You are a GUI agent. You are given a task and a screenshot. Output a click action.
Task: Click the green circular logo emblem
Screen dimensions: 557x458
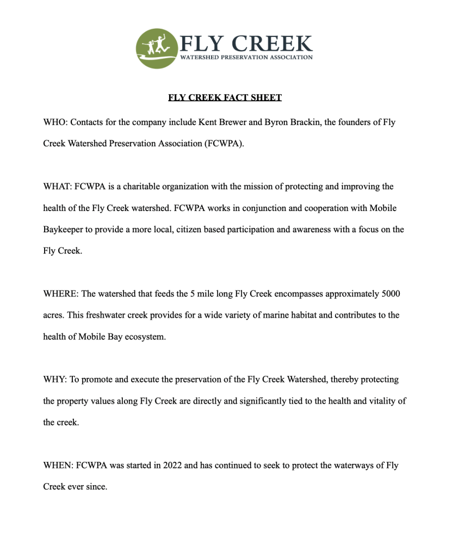156,48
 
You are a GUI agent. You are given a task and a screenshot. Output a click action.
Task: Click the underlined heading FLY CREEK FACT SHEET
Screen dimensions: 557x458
225,98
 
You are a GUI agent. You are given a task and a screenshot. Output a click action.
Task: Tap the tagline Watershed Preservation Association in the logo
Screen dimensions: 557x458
246,57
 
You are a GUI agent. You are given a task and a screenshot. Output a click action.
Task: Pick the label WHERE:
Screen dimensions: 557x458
61,294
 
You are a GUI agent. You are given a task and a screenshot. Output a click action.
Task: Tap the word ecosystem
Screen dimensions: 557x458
146,337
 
